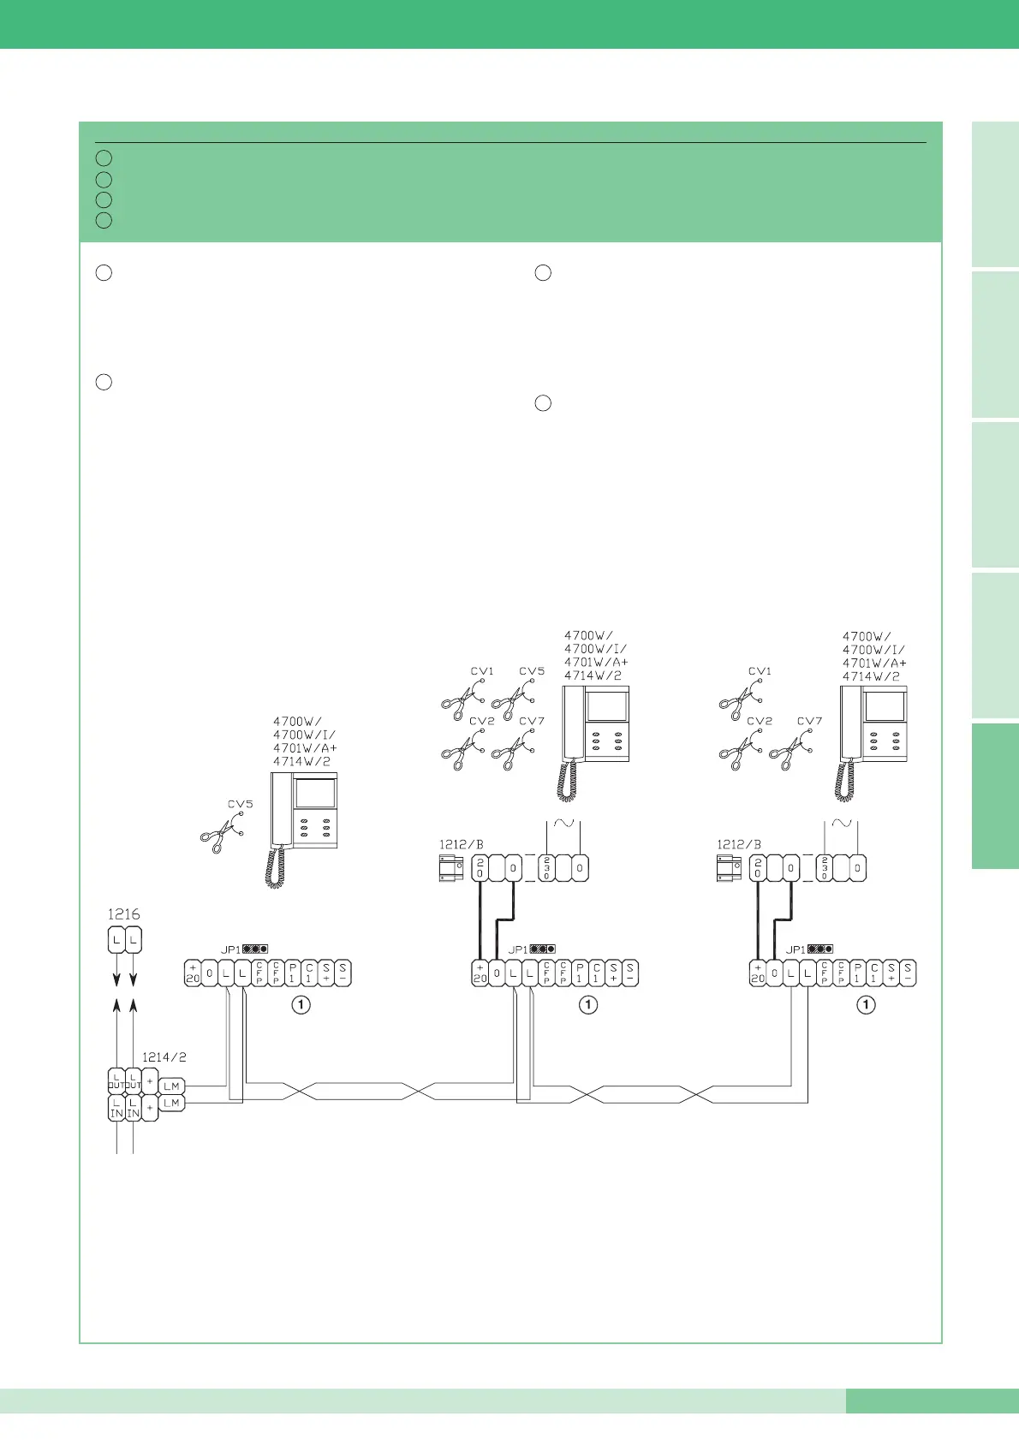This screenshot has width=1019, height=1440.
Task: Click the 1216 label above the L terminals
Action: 123,914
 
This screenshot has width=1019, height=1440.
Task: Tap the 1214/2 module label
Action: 164,1057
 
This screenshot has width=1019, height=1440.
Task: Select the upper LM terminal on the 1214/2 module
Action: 171,1086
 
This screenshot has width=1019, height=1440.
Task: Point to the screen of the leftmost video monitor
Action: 314,794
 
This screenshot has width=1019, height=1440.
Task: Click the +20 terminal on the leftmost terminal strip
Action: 193,973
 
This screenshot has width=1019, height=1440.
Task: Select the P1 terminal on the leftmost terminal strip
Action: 293,973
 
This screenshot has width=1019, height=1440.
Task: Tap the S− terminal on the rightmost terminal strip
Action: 908,973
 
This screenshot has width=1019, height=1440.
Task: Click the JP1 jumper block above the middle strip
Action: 541,949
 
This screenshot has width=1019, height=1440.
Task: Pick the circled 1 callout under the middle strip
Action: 588,1005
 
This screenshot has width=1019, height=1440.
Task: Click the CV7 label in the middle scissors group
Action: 532,721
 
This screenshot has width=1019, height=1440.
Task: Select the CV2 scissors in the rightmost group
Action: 742,749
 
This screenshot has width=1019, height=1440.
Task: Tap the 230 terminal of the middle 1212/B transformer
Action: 546,868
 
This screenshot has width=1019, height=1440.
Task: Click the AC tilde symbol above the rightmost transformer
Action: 843,824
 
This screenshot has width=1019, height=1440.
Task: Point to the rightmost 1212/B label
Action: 738,844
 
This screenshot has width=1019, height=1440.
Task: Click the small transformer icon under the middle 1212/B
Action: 451,869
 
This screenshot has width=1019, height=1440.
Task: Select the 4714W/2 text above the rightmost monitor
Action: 871,676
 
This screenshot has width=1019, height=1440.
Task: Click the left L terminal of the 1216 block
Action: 116,940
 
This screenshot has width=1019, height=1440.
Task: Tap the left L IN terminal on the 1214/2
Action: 116,1109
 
